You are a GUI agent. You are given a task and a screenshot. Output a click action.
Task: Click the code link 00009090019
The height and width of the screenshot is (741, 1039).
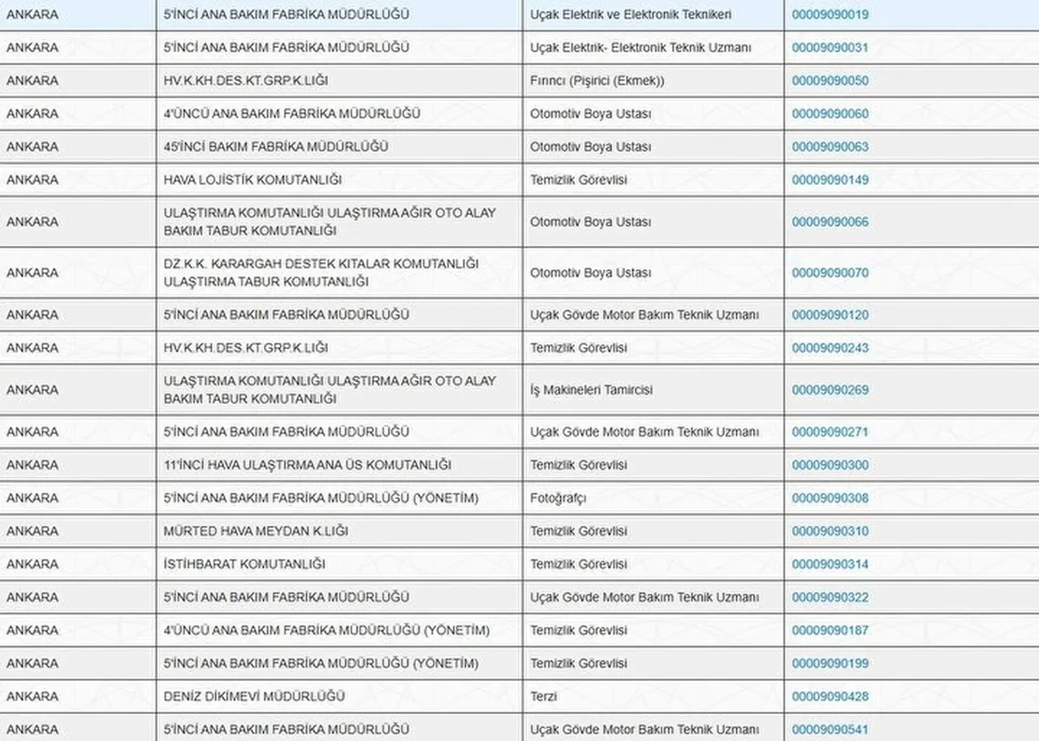(x=830, y=15)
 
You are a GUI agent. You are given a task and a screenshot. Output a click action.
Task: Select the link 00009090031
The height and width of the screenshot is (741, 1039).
(x=830, y=48)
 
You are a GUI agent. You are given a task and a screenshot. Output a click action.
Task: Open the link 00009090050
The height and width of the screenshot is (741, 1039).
(x=830, y=81)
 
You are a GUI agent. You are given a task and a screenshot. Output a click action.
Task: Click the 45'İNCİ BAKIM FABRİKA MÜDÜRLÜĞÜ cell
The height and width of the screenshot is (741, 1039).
(x=276, y=147)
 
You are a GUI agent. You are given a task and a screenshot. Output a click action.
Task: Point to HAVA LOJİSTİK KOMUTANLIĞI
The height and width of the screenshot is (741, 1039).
(x=252, y=180)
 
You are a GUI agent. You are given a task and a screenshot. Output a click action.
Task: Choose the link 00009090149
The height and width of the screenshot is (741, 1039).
(x=830, y=180)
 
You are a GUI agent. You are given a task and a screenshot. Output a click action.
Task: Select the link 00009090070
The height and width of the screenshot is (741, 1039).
(x=830, y=273)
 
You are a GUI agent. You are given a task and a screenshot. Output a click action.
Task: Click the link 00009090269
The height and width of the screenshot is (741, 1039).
(x=830, y=390)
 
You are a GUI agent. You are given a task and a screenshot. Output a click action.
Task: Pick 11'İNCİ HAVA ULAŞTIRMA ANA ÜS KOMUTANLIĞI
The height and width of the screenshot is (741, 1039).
(x=308, y=465)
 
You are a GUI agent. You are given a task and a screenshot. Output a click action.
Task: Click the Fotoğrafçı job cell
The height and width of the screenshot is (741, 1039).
(x=558, y=498)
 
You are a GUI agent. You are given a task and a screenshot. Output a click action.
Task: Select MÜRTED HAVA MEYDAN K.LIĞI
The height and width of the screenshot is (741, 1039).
(x=256, y=532)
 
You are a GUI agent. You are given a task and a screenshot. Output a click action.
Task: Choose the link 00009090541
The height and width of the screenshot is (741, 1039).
(x=830, y=730)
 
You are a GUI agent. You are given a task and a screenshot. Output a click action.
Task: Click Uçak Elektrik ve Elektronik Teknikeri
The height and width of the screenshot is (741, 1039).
(x=631, y=15)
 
